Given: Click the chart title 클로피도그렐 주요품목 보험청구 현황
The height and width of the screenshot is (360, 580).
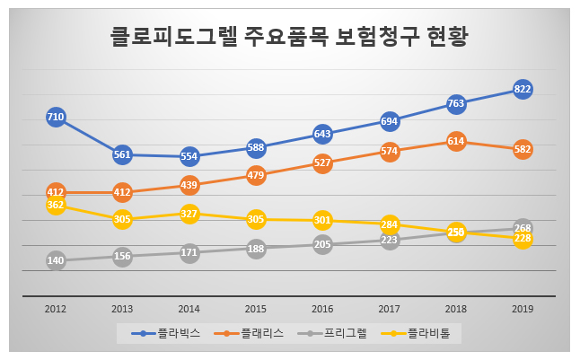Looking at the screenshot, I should click(289, 39).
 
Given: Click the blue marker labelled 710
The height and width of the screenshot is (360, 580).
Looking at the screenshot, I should click(56, 117).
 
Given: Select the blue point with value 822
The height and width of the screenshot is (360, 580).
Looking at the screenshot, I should click(523, 88).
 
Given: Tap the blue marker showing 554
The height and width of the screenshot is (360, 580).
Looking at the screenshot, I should click(189, 156).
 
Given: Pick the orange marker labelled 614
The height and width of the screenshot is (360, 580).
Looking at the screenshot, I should click(456, 141).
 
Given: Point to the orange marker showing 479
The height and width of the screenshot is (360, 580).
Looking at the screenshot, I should click(256, 175).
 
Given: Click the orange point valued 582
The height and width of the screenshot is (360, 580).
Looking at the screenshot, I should click(523, 149).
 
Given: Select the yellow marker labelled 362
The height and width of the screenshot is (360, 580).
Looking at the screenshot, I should click(56, 205).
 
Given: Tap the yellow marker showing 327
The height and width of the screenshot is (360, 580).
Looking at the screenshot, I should click(189, 214).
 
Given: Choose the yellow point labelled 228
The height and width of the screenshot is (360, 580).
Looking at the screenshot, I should click(523, 239).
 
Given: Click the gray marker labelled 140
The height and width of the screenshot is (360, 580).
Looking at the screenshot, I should click(56, 260).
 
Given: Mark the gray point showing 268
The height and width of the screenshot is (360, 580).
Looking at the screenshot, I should click(523, 227).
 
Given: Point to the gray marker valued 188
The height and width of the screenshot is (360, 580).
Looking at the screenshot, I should click(256, 249).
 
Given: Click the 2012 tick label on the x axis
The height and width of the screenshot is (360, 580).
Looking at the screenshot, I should click(56, 308).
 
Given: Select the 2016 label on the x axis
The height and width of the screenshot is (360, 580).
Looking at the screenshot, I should click(322, 308).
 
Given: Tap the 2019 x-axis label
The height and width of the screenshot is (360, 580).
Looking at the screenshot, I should click(523, 308).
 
